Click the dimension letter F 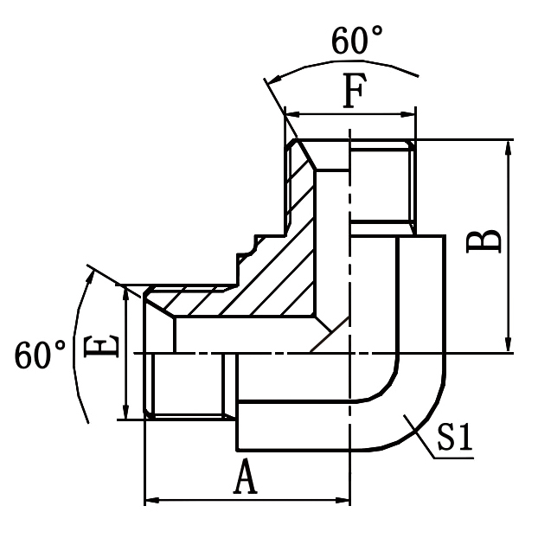(349, 93)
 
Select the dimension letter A (247, 477)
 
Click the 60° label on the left (41, 356)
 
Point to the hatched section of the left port (203, 302)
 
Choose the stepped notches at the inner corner (251, 251)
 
